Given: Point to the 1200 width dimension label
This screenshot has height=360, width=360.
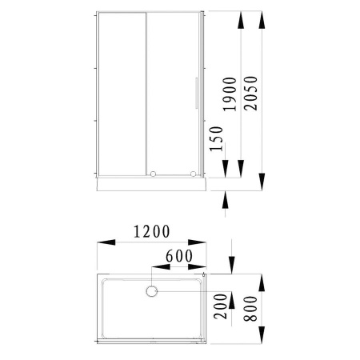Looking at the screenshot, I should pyautogui.click(x=152, y=233).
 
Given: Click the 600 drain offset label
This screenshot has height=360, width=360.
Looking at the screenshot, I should pyautogui.click(x=178, y=257).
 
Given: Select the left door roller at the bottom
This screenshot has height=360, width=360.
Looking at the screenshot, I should pyautogui.click(x=152, y=172).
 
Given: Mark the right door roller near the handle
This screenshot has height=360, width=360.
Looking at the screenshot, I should pyautogui.click(x=193, y=172).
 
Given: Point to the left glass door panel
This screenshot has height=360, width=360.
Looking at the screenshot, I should pyautogui.click(x=121, y=92).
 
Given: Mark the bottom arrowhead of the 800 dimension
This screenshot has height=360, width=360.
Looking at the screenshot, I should pyautogui.click(x=262, y=340).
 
